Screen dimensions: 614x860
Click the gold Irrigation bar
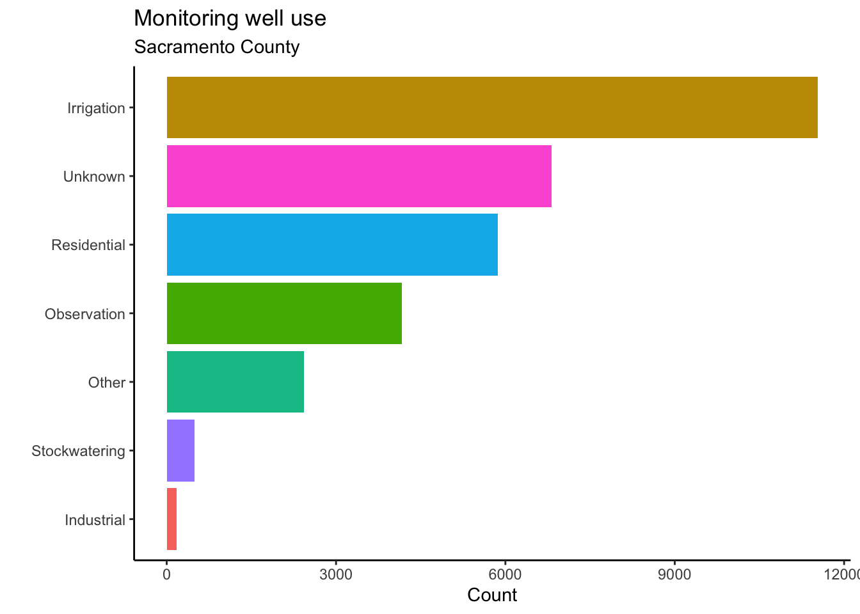(x=491, y=107)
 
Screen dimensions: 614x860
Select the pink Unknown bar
(x=359, y=176)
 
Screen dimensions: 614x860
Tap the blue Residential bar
(x=332, y=244)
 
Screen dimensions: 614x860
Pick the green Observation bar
(x=284, y=313)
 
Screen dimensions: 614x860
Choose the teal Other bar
(x=235, y=382)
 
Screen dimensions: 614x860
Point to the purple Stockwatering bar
(x=180, y=450)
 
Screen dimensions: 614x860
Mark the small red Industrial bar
(x=171, y=519)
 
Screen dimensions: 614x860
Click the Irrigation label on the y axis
(x=96, y=108)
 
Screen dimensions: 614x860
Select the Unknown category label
(x=94, y=177)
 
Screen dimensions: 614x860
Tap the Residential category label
(x=88, y=245)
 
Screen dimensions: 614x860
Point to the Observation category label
(x=85, y=314)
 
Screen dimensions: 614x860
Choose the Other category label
(x=107, y=382)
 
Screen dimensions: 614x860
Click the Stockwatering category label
(x=78, y=451)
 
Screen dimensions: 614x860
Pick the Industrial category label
(x=95, y=520)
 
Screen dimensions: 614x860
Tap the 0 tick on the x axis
(x=167, y=574)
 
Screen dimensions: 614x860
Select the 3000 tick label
(x=336, y=574)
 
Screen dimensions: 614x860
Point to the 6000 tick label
(x=505, y=574)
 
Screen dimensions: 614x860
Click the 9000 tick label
(x=674, y=574)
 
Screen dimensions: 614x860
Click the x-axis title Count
(x=492, y=595)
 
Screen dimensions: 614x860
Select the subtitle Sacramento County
(x=216, y=47)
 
